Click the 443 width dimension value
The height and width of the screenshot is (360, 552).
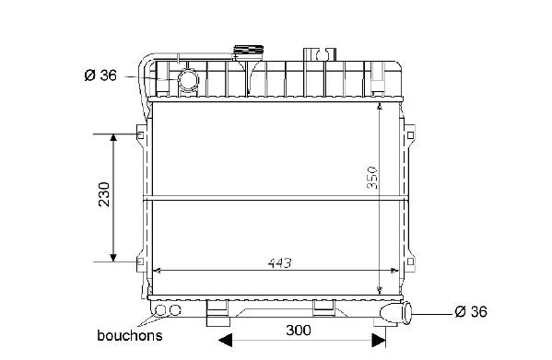click(279, 263)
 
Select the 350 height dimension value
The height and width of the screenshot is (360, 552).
click(372, 178)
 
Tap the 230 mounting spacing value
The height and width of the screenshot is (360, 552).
click(104, 194)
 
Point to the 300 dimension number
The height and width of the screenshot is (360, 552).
click(299, 331)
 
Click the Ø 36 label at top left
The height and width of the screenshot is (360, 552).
click(100, 75)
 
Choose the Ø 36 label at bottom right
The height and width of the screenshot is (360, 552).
click(471, 311)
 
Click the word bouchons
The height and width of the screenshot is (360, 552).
click(130, 335)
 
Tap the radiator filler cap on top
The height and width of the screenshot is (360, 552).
click(249, 50)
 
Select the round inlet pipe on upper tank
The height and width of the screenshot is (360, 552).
click(188, 79)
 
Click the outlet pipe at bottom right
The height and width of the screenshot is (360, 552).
click(396, 312)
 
